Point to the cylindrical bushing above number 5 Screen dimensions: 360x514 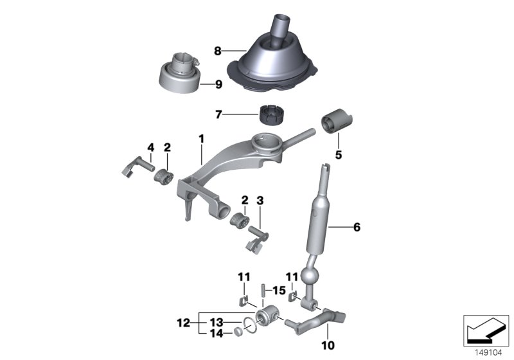tap(337, 123)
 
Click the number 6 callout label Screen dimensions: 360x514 tap(357, 227)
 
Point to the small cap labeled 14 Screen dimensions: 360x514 tap(236, 332)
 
